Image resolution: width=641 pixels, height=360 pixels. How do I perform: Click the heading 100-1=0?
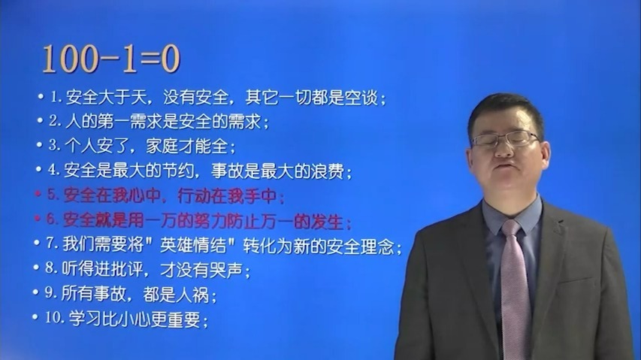coord(110,59)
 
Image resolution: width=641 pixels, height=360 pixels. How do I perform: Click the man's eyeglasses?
coord(504,139)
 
